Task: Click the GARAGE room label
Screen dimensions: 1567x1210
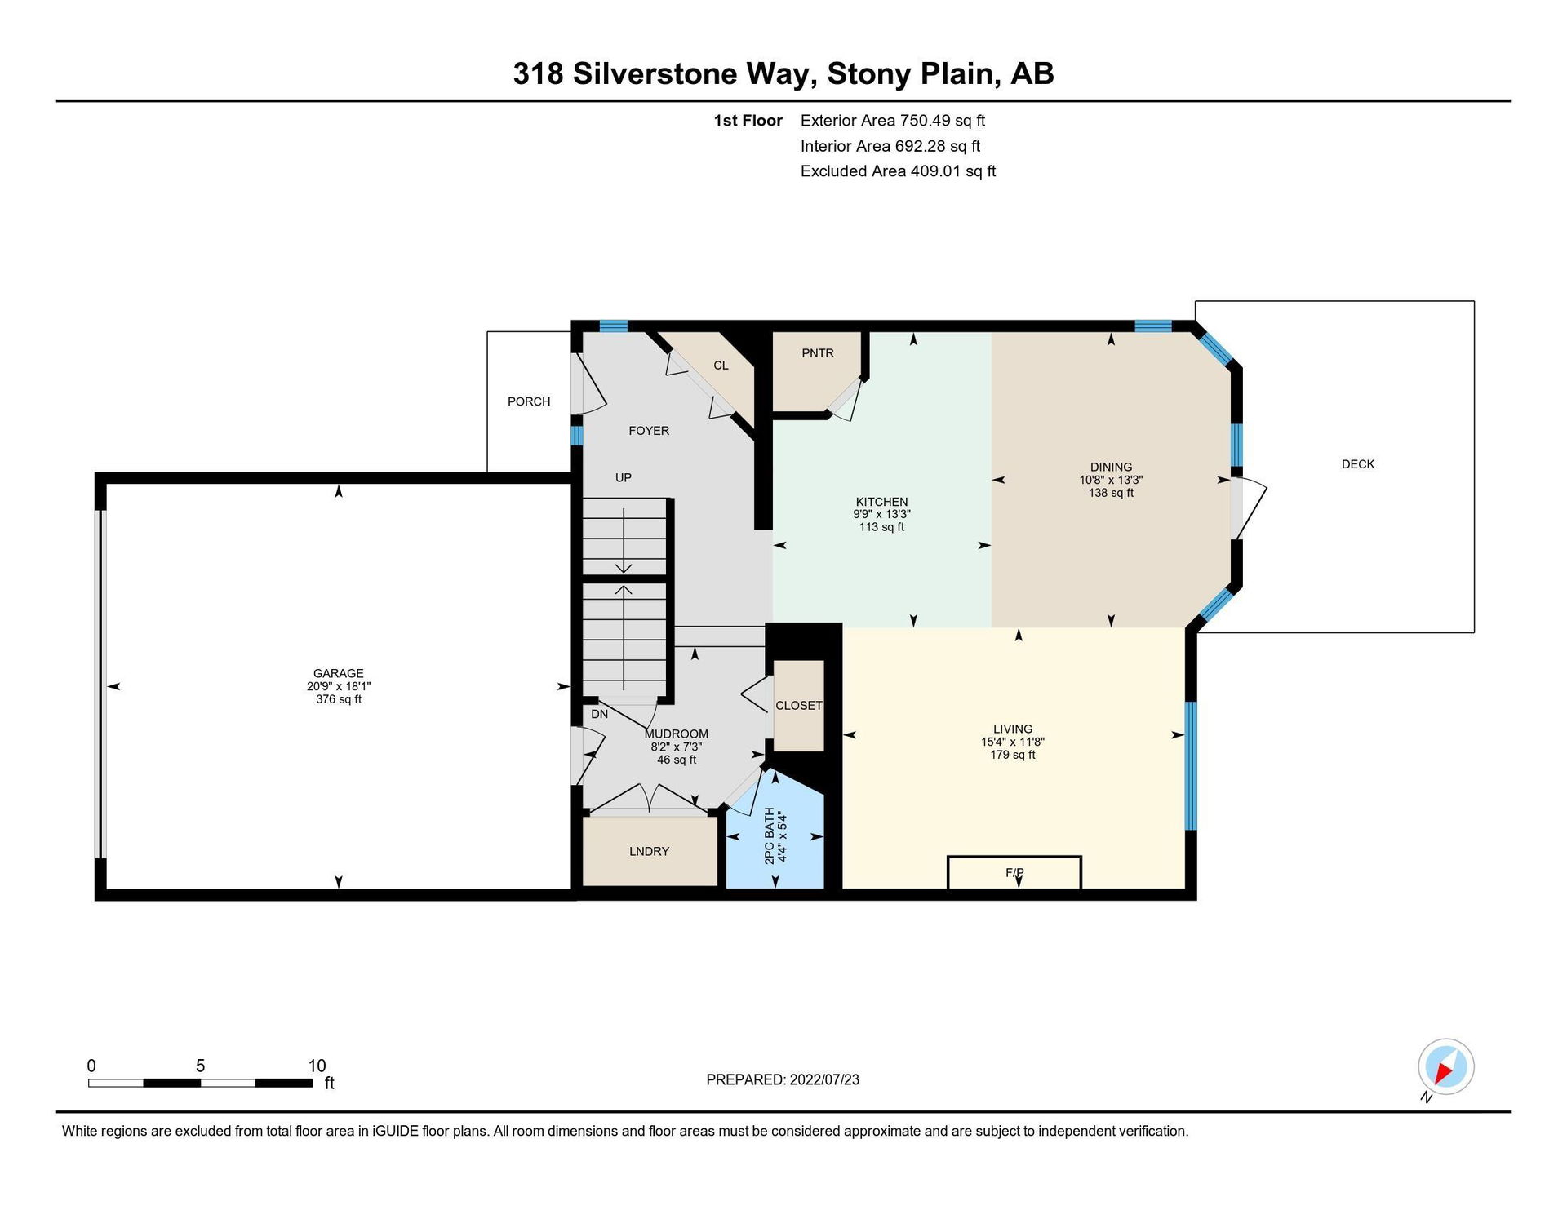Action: click(338, 673)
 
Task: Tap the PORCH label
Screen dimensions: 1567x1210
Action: click(529, 401)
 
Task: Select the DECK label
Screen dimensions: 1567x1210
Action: click(1358, 464)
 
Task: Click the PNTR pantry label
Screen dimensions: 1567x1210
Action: click(818, 353)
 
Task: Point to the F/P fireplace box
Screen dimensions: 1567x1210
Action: click(1014, 872)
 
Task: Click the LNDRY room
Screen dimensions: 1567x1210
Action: click(650, 851)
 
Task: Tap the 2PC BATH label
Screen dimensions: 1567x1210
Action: click(769, 836)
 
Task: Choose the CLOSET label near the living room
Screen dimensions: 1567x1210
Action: click(799, 706)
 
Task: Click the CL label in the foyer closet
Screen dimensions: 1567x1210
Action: click(721, 366)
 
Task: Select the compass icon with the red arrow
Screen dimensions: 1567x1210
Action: click(1445, 1067)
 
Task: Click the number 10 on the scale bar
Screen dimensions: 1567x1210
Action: click(317, 1066)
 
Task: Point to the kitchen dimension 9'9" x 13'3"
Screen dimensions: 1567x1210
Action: click(881, 515)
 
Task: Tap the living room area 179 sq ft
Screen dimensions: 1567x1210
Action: click(1013, 755)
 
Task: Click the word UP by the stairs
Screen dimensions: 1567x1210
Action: click(624, 478)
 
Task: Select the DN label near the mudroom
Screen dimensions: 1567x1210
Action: click(600, 714)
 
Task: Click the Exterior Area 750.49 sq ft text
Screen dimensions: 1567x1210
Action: click(893, 121)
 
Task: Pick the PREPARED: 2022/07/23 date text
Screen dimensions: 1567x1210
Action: click(783, 1079)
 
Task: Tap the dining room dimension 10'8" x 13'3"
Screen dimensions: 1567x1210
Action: click(1111, 481)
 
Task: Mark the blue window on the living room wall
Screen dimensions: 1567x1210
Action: click(1191, 765)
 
